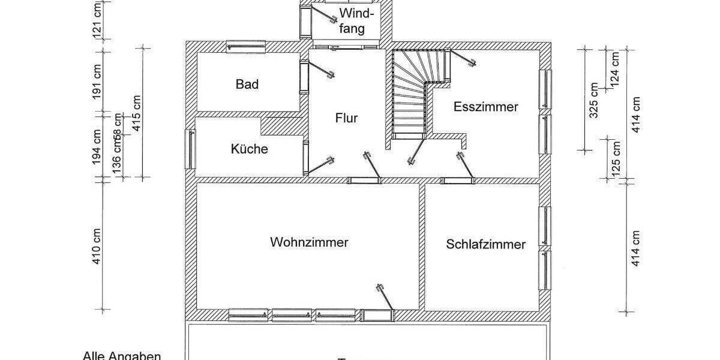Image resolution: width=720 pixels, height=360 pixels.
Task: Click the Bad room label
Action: click(247, 85)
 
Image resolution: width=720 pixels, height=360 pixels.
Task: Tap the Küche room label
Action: click(250, 149)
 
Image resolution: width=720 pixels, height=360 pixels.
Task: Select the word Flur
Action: click(346, 118)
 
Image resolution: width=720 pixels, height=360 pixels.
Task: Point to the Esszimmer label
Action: click(486, 107)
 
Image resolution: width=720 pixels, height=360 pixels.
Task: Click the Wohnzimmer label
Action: click(309, 243)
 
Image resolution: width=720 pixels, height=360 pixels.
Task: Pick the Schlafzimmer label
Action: click(486, 245)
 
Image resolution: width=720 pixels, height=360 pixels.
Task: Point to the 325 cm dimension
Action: click(594, 101)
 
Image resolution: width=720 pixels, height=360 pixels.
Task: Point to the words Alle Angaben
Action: click(122, 356)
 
